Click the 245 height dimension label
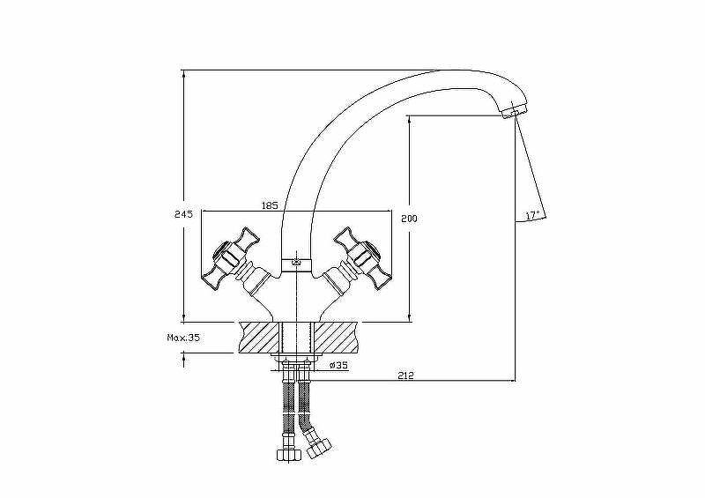click(183, 214)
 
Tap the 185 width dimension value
click(270, 205)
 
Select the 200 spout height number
click(409, 219)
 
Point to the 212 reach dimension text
click(405, 375)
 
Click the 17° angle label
click(532, 215)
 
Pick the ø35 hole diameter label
click(338, 365)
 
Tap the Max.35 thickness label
click(183, 338)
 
